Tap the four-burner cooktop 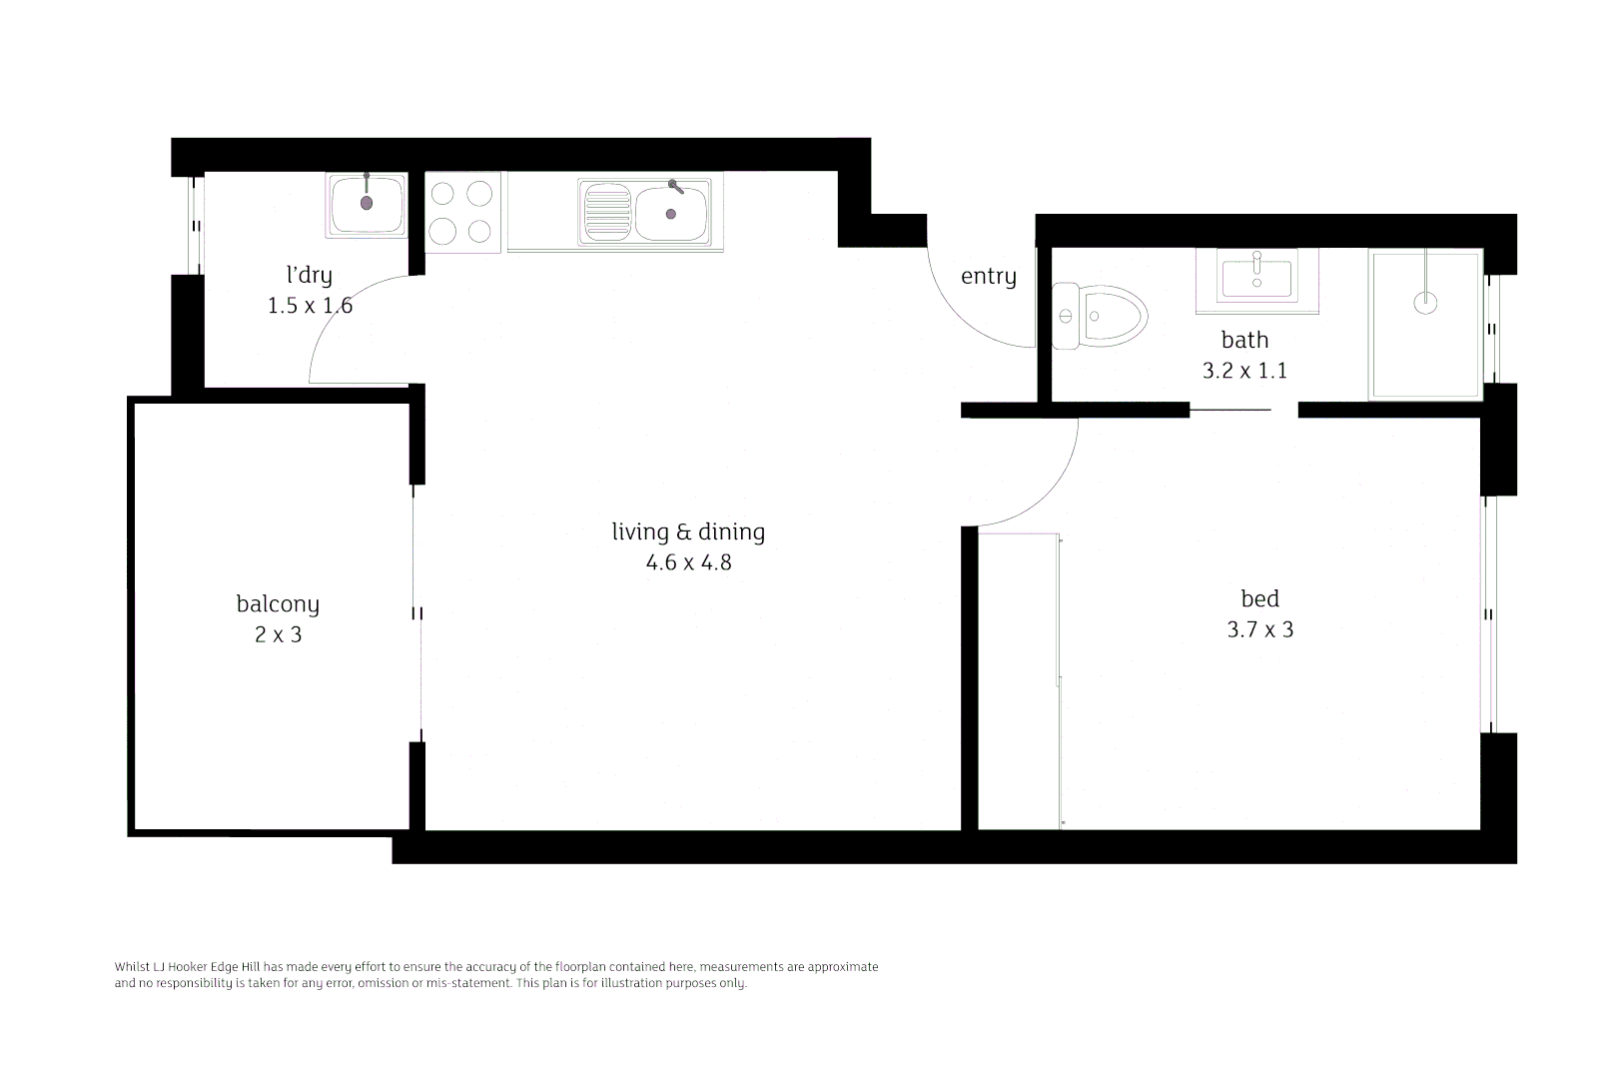462,211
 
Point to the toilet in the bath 1100,317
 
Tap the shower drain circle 1426,302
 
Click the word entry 988,277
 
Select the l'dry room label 309,275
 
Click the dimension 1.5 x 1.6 310,306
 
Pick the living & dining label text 688,532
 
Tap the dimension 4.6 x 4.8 688,562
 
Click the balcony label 278,603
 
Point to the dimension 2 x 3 278,634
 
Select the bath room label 1244,340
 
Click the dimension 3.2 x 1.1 1244,371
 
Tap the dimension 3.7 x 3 1259,629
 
